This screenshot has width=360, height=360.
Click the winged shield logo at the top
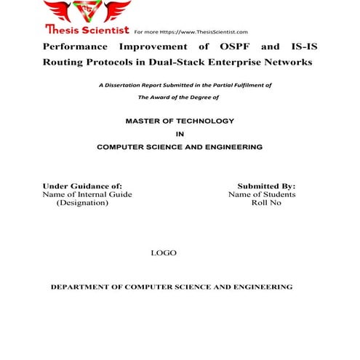(x=87, y=12)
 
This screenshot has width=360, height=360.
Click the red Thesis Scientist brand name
(x=87, y=31)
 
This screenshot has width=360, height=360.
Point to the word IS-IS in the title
(x=302, y=47)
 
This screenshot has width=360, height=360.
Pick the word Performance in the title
(x=75, y=47)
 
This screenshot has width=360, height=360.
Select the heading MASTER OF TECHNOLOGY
(x=180, y=120)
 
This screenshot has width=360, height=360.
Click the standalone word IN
(x=180, y=134)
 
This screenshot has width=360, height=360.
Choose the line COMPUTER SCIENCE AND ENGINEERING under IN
(x=180, y=147)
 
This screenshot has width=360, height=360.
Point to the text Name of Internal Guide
(x=87, y=195)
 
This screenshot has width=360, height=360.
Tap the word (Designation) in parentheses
(x=82, y=203)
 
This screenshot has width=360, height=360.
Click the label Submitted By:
(x=266, y=186)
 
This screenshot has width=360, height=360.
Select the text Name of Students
(x=262, y=195)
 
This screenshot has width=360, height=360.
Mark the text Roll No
(x=266, y=203)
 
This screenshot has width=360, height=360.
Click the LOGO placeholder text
(x=163, y=253)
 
